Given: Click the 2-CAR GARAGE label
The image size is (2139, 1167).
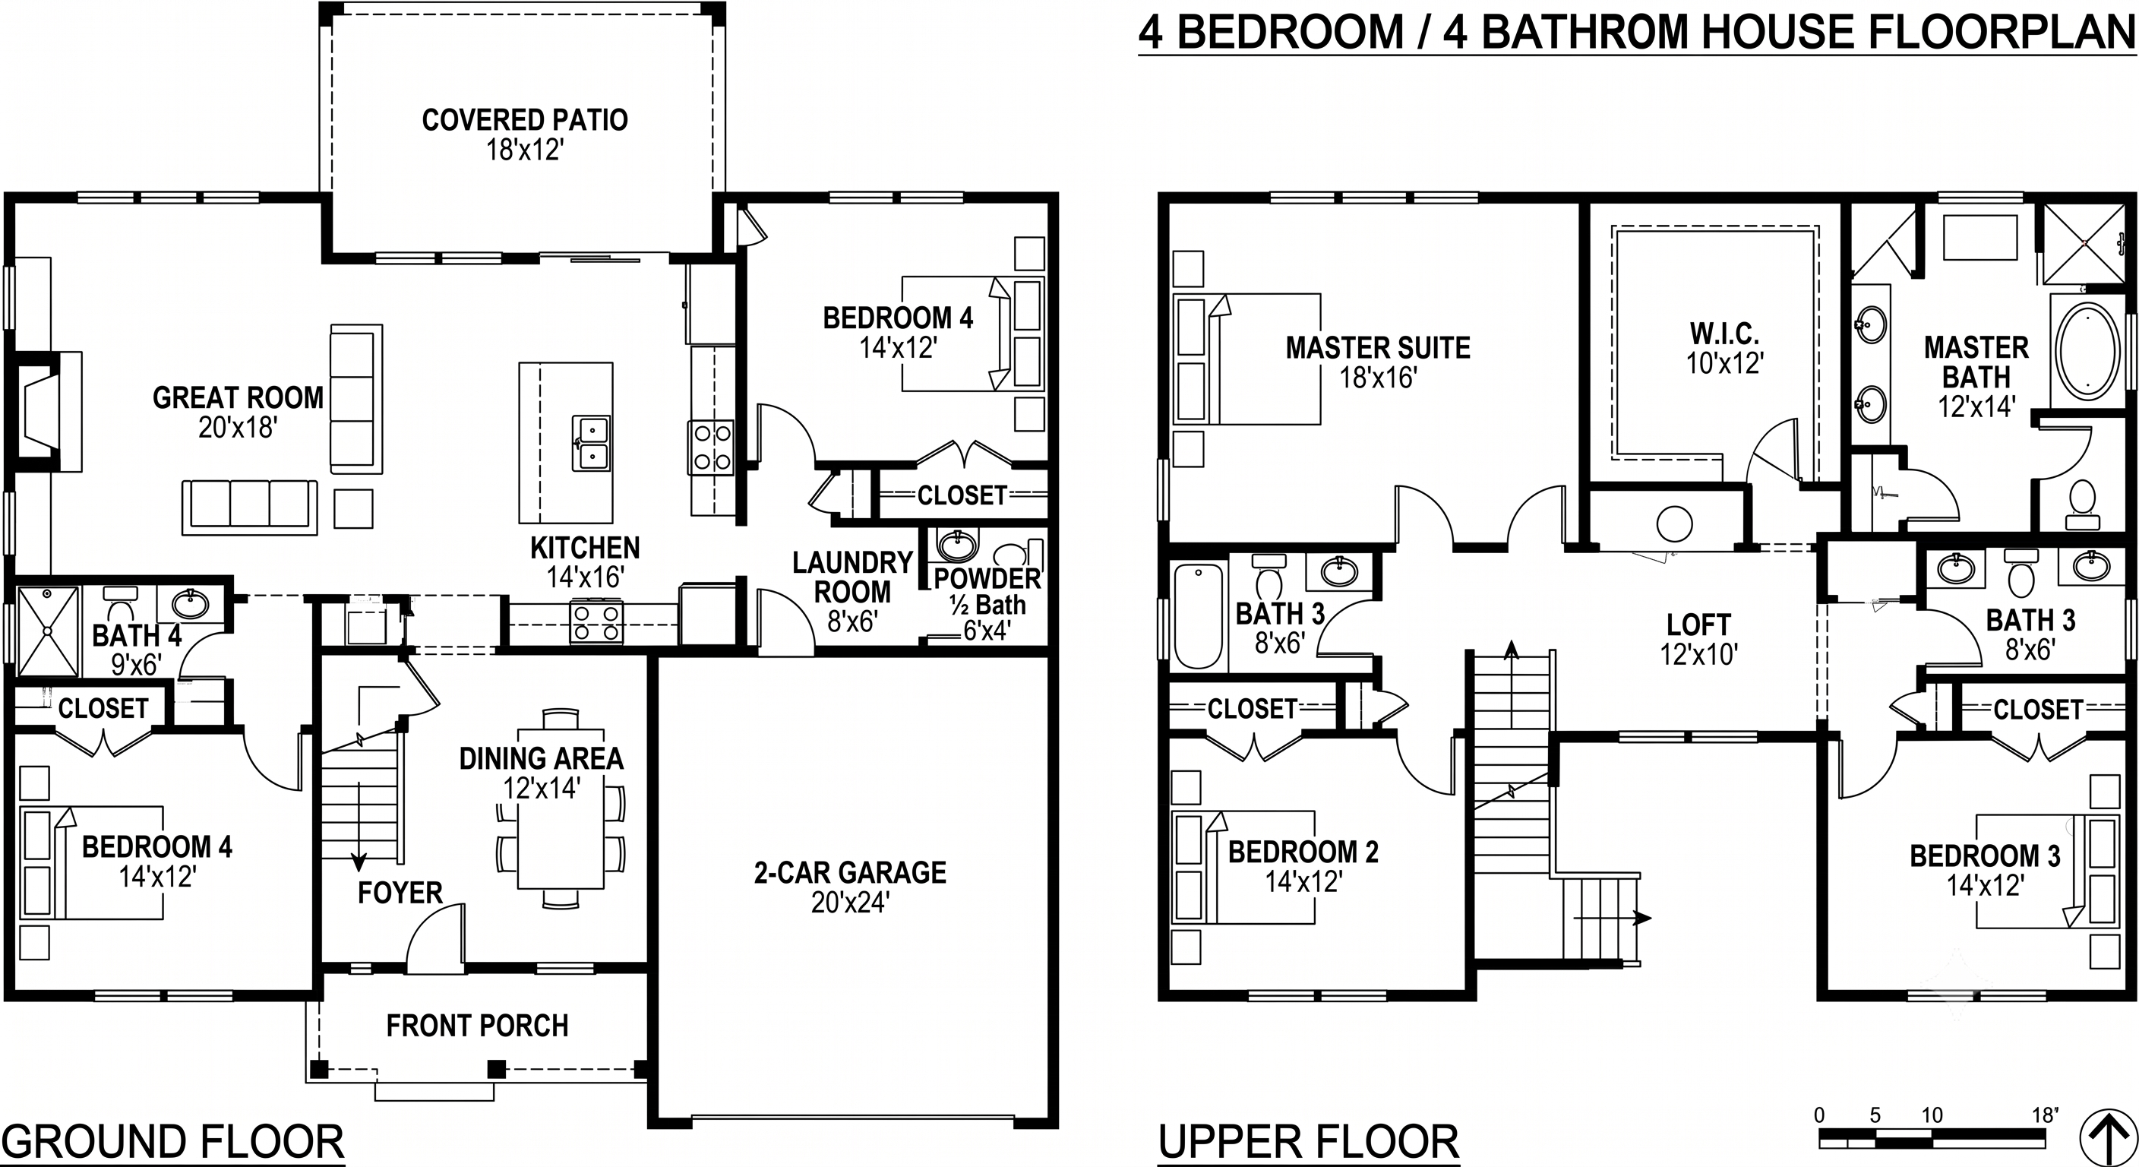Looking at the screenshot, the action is coord(850,872).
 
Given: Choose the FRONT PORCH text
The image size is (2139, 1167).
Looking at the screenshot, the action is coord(478,1026).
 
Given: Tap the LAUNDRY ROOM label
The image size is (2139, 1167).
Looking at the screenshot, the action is coord(853,577).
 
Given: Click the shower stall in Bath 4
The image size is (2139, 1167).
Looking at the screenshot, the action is coord(48,631).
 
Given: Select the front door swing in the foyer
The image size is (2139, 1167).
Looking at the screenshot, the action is coord(435,936).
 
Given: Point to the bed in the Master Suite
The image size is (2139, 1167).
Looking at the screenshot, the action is coord(1246,359).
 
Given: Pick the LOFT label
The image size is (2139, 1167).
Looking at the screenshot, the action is coord(1699,625).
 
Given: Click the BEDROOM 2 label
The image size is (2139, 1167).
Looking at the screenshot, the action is coord(1303,852).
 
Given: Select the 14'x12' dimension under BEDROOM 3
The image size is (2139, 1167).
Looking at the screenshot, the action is coord(1984,885).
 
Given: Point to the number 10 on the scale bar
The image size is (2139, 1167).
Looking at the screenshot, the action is coord(1932,1115).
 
